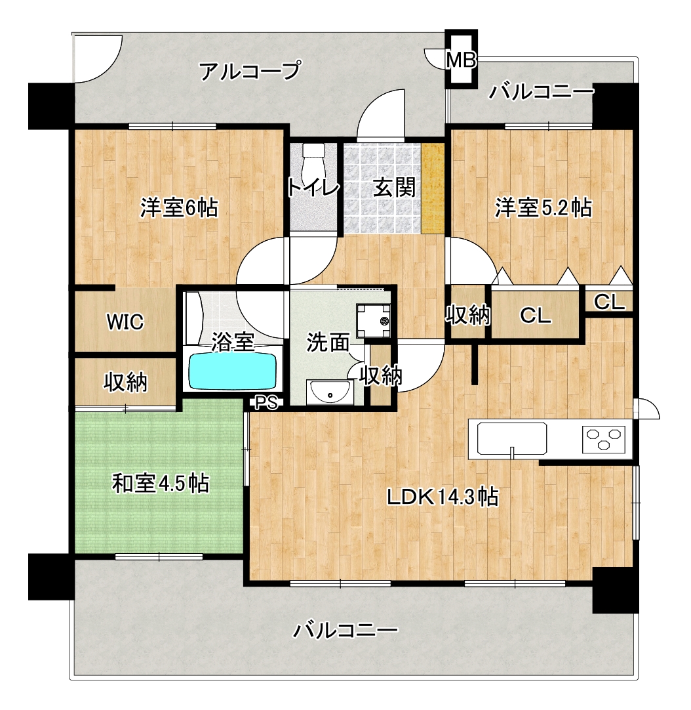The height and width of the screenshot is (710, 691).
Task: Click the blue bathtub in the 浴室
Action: tap(233, 371)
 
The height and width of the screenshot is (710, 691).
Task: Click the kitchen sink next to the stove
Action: tap(512, 438)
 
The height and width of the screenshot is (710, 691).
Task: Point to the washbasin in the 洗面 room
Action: tap(330, 392)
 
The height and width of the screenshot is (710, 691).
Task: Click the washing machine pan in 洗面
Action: tap(373, 321)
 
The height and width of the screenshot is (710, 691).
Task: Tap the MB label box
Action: tap(461, 60)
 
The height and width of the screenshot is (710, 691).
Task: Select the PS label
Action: tap(267, 402)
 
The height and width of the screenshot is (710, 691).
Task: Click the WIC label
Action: tap(125, 322)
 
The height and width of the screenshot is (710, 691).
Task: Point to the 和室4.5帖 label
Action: tap(161, 484)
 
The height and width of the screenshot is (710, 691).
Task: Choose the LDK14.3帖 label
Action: tap(443, 497)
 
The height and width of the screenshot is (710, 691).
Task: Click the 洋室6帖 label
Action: tap(179, 208)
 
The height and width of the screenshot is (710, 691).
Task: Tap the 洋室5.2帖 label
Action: tap(543, 208)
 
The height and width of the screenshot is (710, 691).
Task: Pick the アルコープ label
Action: tap(250, 71)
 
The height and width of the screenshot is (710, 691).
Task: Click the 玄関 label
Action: tap(394, 188)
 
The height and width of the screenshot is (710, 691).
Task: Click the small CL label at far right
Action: tap(609, 302)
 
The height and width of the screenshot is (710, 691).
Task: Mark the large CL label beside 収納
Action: tap(536, 315)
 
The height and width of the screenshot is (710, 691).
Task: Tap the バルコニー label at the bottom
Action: tap(345, 630)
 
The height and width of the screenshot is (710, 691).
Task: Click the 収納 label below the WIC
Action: tap(126, 382)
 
